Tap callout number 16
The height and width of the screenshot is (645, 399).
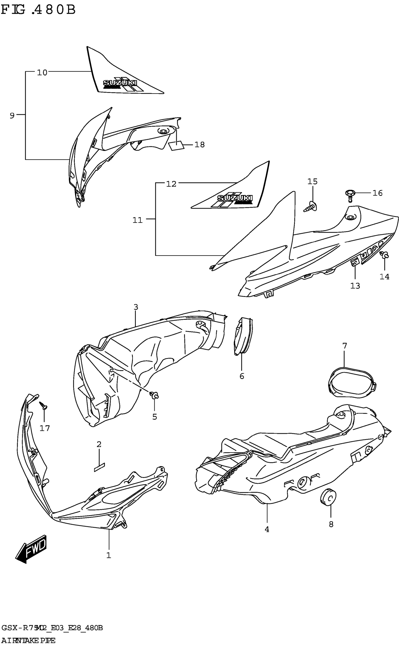tap(377, 193)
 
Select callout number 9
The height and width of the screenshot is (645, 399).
tap(12, 115)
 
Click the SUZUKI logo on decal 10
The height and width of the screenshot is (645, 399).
tap(120, 83)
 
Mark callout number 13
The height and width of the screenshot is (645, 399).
tap(355, 286)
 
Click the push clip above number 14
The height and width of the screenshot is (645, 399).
tap(385, 254)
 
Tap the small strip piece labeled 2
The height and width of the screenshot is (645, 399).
tap(99, 466)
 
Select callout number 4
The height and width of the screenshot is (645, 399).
tap(267, 529)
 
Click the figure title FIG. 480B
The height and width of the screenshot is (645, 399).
tap(38, 10)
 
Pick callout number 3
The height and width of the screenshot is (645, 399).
tap(136, 307)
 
